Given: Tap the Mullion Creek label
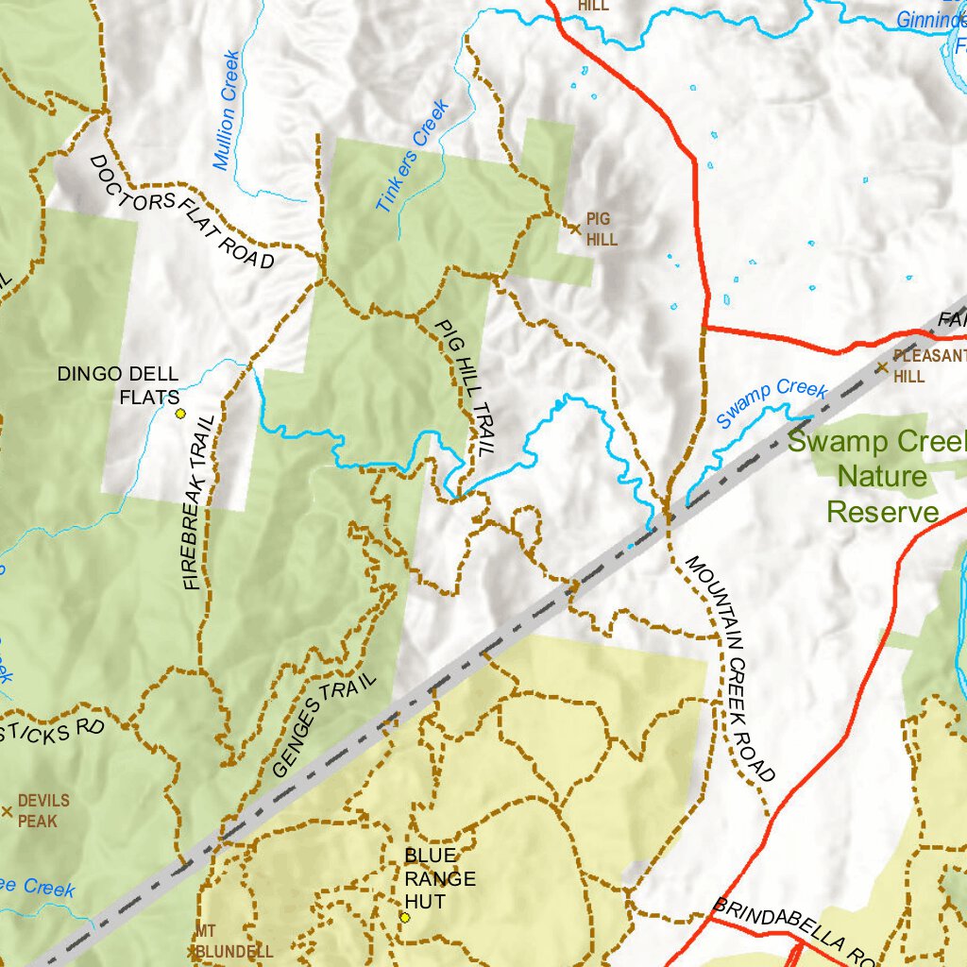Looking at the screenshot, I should [x=227, y=110].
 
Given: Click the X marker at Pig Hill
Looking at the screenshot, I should [x=574, y=228].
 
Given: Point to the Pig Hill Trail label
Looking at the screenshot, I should [x=465, y=387].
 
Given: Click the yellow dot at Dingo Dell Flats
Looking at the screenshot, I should [x=179, y=413].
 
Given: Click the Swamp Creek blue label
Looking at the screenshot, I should [x=771, y=402].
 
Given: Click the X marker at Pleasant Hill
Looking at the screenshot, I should [x=881, y=367].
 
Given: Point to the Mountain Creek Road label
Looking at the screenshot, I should [x=730, y=669].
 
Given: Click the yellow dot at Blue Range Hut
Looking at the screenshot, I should [x=404, y=917].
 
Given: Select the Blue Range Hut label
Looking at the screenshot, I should [x=440, y=878].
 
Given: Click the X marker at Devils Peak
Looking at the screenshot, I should [x=7, y=810].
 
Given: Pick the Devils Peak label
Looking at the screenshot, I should [x=43, y=810].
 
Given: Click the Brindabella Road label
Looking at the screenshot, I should [x=793, y=929].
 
